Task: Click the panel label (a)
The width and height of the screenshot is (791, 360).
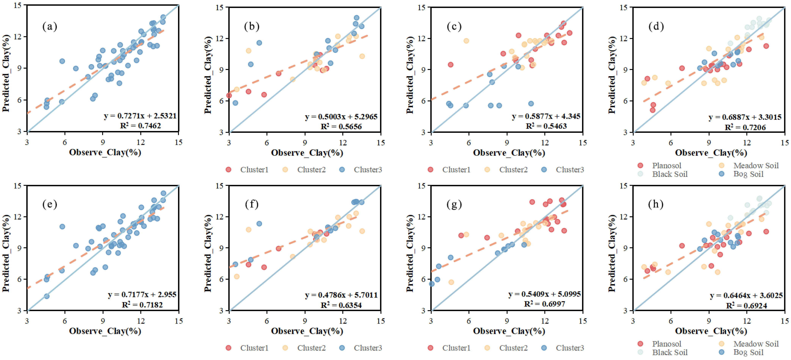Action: [x=50, y=27]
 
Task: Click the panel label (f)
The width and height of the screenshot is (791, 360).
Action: [x=252, y=204]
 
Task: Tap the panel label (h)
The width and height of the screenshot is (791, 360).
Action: [x=656, y=204]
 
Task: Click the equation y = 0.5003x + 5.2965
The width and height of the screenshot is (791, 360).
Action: [x=341, y=117]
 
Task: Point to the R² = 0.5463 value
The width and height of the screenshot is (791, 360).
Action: [x=546, y=126]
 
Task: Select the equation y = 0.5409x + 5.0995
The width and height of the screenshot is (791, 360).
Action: [x=544, y=294]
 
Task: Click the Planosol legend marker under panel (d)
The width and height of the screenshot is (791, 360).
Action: [x=640, y=165]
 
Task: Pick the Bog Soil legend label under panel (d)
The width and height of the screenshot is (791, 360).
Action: [x=748, y=174]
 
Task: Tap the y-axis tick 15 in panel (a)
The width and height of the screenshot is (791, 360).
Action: [x=18, y=5]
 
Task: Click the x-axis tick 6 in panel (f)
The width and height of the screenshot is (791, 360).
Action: [x=267, y=321]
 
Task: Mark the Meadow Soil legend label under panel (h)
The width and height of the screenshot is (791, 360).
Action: [x=756, y=344]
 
